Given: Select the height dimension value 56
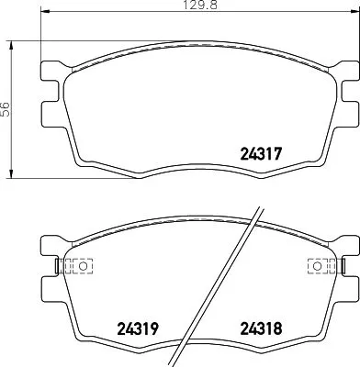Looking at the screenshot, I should [6, 108].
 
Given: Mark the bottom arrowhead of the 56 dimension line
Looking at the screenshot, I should [11, 175].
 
